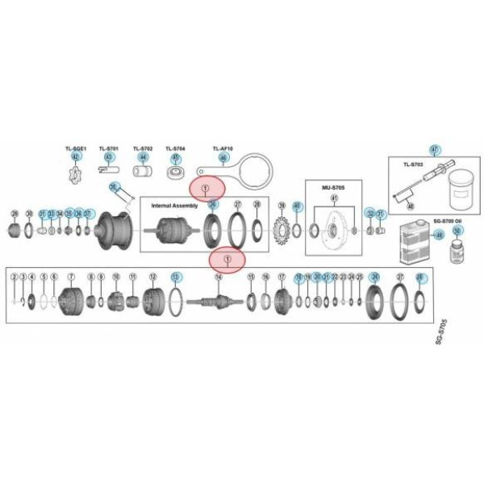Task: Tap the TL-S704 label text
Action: [x=175, y=149]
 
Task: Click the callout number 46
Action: [x=223, y=157]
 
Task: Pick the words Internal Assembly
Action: [x=174, y=206]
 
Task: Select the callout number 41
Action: [x=333, y=198]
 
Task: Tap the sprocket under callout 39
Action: [x=282, y=229]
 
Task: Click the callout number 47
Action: [x=435, y=150]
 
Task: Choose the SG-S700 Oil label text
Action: [x=448, y=220]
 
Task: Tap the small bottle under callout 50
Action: [x=457, y=248]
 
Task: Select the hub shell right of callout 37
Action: [x=113, y=227]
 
